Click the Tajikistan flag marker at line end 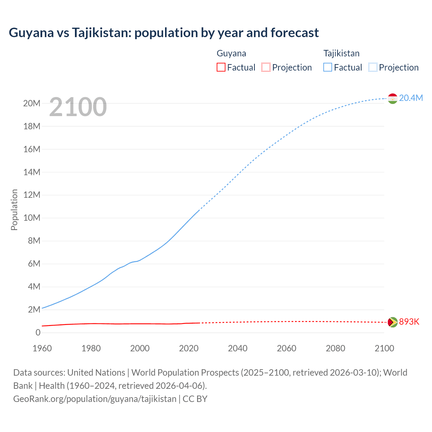click(393, 99)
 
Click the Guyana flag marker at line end click(393, 322)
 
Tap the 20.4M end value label click(411, 98)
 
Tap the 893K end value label click(409, 322)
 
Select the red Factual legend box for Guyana click(221, 67)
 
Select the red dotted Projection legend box click(266, 67)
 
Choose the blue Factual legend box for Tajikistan click(328, 67)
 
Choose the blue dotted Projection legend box click(373, 67)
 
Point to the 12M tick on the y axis click(32, 195)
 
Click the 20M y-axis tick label click(32, 103)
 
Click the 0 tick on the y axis click(38, 332)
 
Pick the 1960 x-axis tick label click(42, 348)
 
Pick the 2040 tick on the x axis click(238, 348)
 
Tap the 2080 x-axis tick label click(335, 348)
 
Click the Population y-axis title click(14, 210)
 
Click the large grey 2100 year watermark click(78, 107)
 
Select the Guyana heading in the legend click(231, 53)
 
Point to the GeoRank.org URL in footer click(95, 399)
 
